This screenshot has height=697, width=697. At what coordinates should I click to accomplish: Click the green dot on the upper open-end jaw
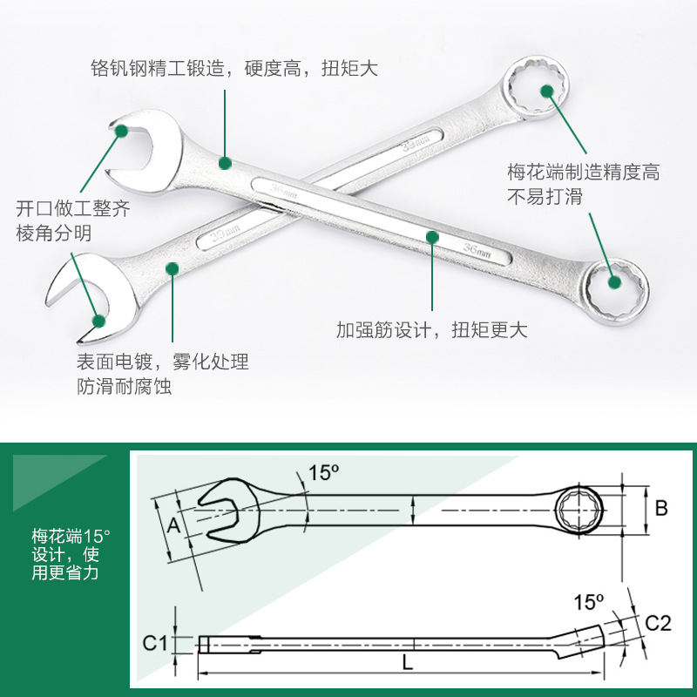[121, 131]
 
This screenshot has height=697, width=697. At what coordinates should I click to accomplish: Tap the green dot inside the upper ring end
[546, 90]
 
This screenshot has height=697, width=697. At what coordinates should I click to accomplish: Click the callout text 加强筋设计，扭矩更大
[431, 330]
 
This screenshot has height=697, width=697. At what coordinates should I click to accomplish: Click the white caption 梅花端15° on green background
[66, 535]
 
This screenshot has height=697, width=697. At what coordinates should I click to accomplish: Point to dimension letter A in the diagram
[173, 525]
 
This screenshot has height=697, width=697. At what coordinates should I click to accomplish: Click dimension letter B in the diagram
[661, 508]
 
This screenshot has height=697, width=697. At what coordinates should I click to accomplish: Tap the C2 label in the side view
[658, 622]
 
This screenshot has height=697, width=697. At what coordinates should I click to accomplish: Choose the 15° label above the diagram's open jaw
[322, 473]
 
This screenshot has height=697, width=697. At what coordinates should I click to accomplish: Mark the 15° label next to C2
[589, 601]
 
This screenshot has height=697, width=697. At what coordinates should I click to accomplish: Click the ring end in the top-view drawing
[577, 508]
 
